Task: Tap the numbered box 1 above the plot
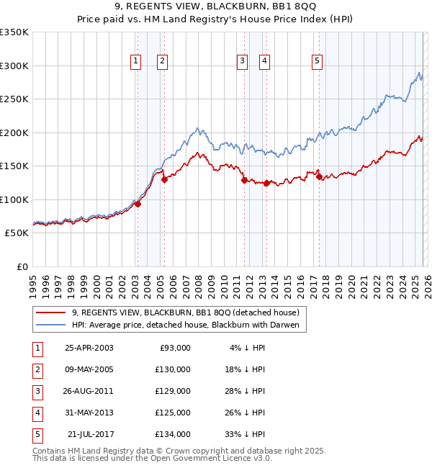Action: click(136, 62)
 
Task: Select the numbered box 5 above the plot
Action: click(317, 62)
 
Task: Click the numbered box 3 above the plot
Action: click(243, 62)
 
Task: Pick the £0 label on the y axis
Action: click(22, 266)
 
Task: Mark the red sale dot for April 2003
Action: click(138, 204)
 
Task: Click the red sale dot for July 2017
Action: click(319, 176)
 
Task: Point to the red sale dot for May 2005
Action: click(164, 179)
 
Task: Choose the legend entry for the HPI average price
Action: click(189, 325)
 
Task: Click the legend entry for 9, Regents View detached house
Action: click(189, 312)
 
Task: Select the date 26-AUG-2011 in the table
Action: click(89, 391)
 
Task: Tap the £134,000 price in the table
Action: click(173, 434)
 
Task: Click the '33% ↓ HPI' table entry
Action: click(244, 434)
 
